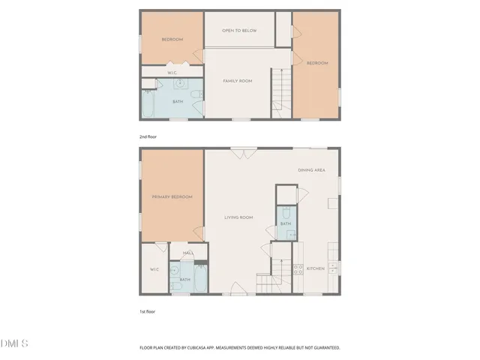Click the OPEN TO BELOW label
(239, 30)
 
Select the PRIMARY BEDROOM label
(172, 196)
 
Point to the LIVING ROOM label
(239, 217)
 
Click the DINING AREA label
(310, 170)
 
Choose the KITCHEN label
(315, 268)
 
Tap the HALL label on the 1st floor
(188, 253)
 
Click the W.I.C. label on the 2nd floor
(172, 73)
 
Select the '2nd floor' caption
(148, 136)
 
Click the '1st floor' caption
(147, 311)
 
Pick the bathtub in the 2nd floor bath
(148, 104)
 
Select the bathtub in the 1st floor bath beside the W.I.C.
(201, 279)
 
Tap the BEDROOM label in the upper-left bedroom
(172, 40)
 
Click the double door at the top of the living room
(240, 154)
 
